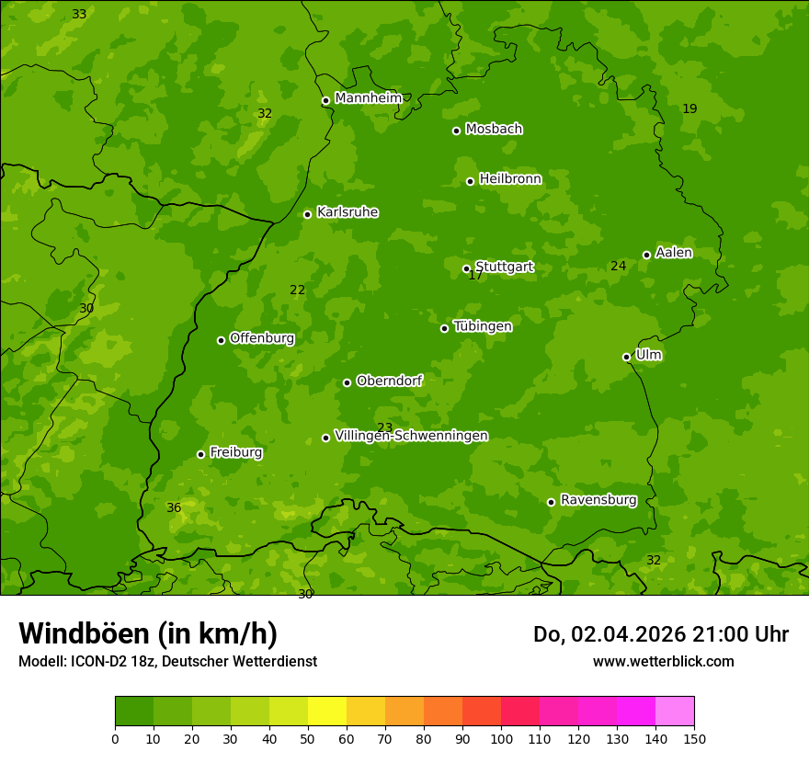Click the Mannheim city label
coord(368,98)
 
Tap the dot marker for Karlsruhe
coord(307,214)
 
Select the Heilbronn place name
coord(510,179)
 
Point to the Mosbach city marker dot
coord(456,131)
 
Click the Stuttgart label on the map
coord(504,268)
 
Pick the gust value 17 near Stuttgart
coord(475,275)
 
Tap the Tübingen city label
coord(483,326)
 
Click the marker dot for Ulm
coord(626,357)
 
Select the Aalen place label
coord(674,253)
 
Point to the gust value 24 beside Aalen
coord(618,266)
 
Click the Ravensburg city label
coord(598,500)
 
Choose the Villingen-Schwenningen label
coord(411,436)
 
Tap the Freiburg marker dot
coord(200,454)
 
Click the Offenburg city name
coord(262,338)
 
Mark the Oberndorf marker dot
coord(347,382)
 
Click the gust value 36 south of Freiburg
coord(174,507)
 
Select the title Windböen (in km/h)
coord(147,633)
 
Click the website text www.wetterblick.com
coord(663,661)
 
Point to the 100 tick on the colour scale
coord(501,738)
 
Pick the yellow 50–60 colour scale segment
coord(327,712)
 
